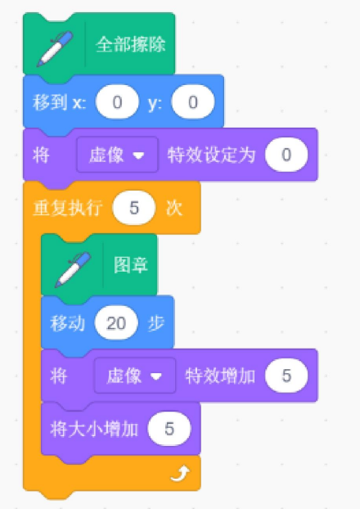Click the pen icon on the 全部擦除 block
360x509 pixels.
55,48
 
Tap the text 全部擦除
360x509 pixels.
131,44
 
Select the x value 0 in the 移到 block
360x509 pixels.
117,102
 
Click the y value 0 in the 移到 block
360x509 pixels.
193,102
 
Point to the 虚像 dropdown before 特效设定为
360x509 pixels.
117,155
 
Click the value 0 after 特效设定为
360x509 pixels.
286,155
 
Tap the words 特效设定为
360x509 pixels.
211,155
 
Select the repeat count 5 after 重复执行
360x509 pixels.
134,208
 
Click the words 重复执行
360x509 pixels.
68,208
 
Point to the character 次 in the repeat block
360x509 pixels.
174,208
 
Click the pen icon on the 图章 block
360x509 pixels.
73,269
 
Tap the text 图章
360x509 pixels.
131,265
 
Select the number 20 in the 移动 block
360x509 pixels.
116,323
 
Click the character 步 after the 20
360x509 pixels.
156,323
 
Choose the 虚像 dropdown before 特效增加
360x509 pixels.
135,376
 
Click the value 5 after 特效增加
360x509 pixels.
286,376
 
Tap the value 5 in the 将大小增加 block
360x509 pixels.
169,429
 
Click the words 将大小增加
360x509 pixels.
94,429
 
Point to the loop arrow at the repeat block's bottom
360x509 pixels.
180,474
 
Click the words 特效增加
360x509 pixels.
220,376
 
